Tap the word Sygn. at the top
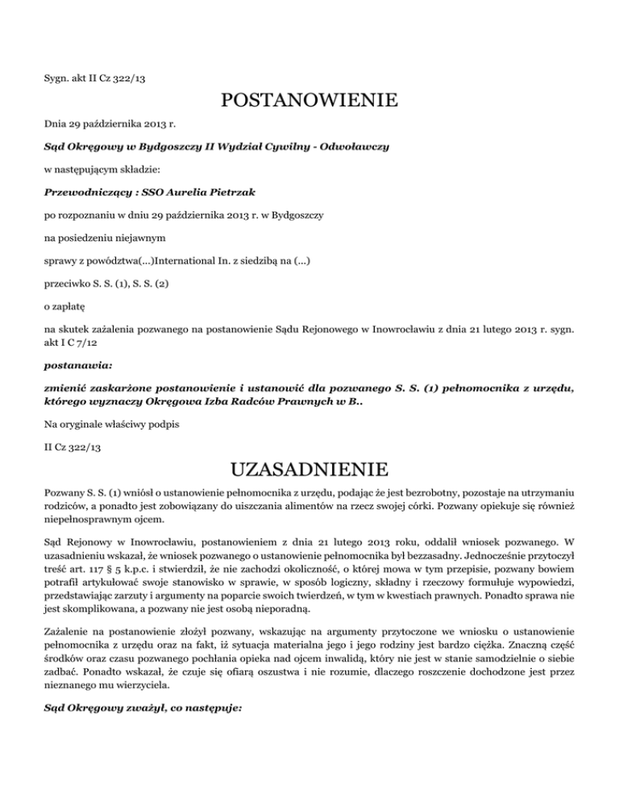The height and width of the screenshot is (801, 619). (x=56, y=78)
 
